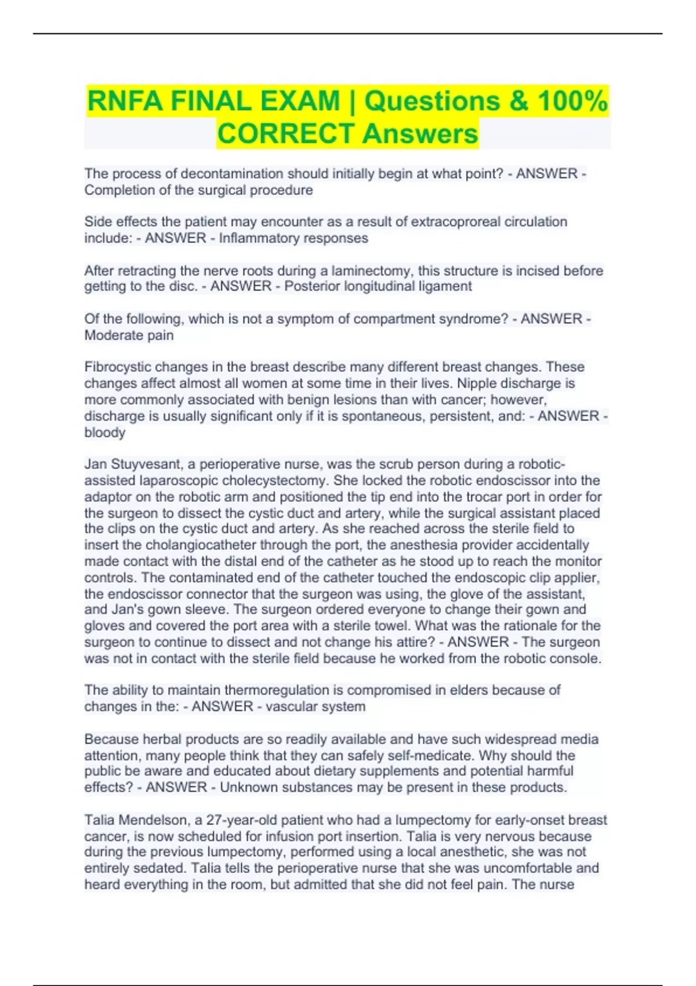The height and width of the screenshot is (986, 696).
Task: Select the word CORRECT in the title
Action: click(x=286, y=134)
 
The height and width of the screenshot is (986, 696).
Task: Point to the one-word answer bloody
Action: click(x=104, y=433)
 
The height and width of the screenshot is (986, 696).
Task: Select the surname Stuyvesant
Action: click(x=153, y=465)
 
